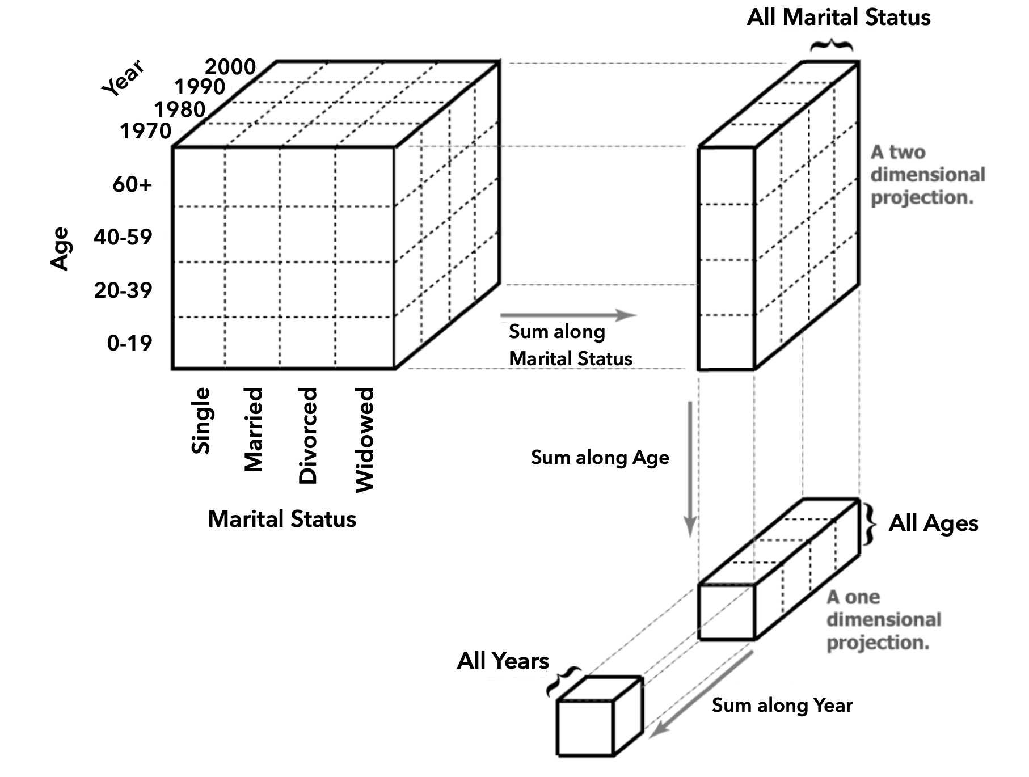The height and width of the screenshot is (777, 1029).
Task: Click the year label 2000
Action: [x=230, y=67]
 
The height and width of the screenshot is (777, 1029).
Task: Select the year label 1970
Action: [x=145, y=131]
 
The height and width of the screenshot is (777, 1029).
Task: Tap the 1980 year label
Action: [x=180, y=109]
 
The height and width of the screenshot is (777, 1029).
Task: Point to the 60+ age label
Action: [x=132, y=184]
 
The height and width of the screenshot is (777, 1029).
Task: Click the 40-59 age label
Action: [x=123, y=237]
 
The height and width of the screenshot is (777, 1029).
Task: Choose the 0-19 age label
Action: [x=130, y=343]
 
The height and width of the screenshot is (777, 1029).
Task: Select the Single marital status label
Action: [x=201, y=420]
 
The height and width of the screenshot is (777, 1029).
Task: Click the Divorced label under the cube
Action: [x=307, y=436]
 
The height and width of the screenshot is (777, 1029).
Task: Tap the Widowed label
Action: [x=364, y=440]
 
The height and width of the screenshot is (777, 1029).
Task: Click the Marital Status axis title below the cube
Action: [x=282, y=519]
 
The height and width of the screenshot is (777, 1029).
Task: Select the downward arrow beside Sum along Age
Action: [x=690, y=468]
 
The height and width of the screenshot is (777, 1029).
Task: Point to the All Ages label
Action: [x=933, y=523]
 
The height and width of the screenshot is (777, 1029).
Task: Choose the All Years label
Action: [x=503, y=661]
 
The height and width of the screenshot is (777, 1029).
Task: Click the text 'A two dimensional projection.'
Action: [x=927, y=175]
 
